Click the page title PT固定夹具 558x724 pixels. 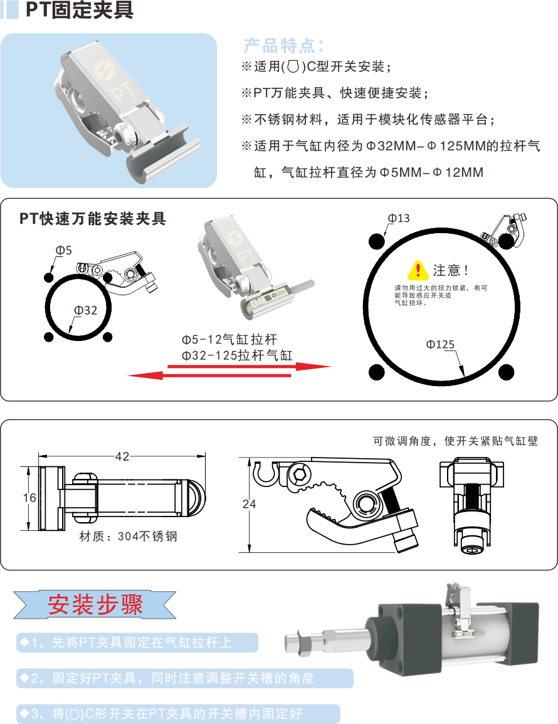click(80, 9)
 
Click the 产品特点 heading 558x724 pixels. click(283, 46)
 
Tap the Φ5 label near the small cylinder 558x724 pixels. click(64, 250)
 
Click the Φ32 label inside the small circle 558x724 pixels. click(86, 310)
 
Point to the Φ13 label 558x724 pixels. click(399, 218)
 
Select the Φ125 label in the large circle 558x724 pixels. click(440, 345)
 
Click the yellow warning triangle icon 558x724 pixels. click(418, 269)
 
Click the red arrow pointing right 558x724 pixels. click(249, 367)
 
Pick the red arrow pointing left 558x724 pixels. click(209, 375)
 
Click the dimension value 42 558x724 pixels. click(122, 457)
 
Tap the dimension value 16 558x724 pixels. click(29, 498)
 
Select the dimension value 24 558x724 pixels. click(249, 504)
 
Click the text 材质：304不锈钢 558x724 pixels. click(129, 536)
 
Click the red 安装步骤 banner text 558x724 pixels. click(95, 604)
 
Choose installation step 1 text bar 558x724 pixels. click(137, 643)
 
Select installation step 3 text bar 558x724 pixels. click(178, 714)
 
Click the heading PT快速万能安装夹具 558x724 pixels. click(92, 218)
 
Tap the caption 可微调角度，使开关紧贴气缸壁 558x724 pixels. click(455, 441)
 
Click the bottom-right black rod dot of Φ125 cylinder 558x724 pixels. click(506, 372)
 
